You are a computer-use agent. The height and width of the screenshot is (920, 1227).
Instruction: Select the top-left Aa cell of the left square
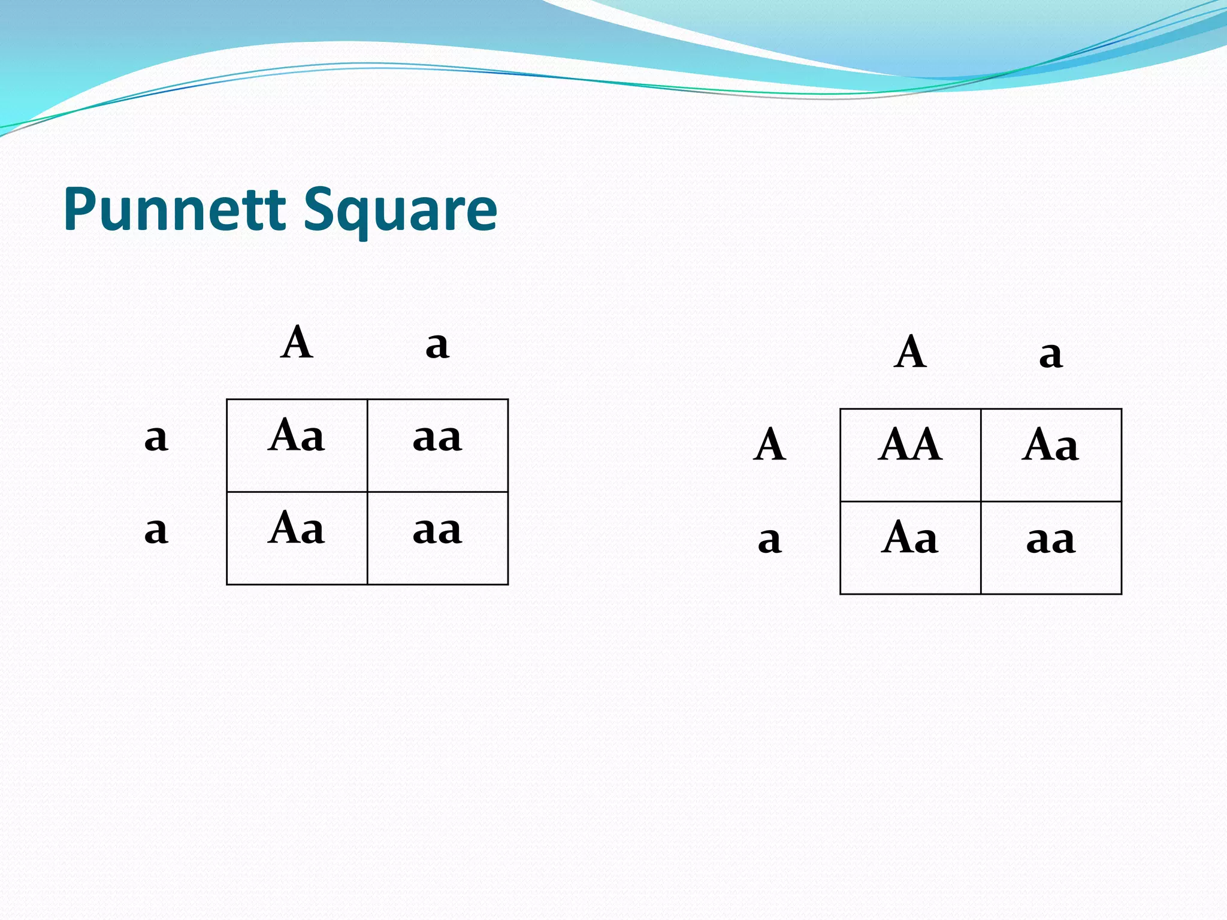click(297, 445)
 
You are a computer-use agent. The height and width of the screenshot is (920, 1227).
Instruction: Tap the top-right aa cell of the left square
click(437, 445)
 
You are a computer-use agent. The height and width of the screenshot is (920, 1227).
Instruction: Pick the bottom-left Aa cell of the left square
click(297, 538)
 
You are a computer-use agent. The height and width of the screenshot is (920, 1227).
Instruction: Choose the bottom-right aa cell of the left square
click(437, 538)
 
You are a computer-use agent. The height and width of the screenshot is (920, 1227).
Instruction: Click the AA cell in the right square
click(910, 455)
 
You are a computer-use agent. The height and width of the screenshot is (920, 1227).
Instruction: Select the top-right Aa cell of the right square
click(1051, 455)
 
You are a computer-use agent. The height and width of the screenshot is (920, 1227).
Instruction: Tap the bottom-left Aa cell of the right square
click(910, 547)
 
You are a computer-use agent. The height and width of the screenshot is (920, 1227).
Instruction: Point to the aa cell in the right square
click(1051, 547)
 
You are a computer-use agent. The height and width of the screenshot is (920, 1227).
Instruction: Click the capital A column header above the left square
click(297, 343)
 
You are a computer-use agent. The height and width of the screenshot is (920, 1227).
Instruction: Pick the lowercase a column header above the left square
click(437, 346)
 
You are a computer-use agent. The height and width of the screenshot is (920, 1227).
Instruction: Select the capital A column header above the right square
click(910, 352)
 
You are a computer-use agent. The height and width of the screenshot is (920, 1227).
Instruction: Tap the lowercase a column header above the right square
click(1051, 355)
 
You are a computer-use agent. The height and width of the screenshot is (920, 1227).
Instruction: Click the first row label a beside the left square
click(156, 438)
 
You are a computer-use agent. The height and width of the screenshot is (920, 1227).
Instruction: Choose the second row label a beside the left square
click(156, 531)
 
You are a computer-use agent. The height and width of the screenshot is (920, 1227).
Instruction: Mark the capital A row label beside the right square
click(769, 445)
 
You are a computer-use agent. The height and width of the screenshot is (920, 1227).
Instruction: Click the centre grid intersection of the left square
click(367, 492)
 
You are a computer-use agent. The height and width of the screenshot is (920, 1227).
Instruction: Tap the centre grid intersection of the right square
click(981, 501)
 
